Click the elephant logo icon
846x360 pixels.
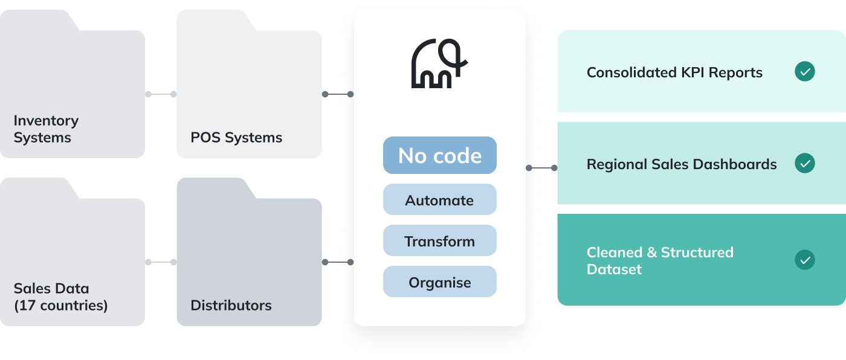439,63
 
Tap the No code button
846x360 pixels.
439,155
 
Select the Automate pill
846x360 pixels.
439,200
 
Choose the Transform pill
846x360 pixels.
439,241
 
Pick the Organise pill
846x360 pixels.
439,282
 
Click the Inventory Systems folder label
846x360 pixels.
46,129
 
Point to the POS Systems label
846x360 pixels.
236,137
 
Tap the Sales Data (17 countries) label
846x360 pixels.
60,297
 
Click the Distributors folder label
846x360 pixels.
231,305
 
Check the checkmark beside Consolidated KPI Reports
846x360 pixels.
804,72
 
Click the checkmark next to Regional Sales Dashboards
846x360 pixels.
804,163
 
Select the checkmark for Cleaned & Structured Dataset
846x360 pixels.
804,260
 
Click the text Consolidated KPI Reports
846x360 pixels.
674,72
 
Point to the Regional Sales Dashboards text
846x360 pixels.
682,164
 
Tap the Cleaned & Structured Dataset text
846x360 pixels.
660,260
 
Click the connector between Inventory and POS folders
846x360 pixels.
161,94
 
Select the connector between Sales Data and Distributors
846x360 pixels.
161,262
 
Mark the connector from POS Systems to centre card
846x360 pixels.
338,94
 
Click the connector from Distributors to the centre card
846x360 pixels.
338,262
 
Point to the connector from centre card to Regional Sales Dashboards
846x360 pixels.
541,167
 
